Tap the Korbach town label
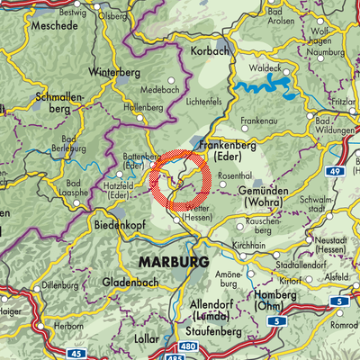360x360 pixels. (x=211, y=52)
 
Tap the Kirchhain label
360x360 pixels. (x=267, y=245)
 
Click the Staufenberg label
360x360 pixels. (x=211, y=332)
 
